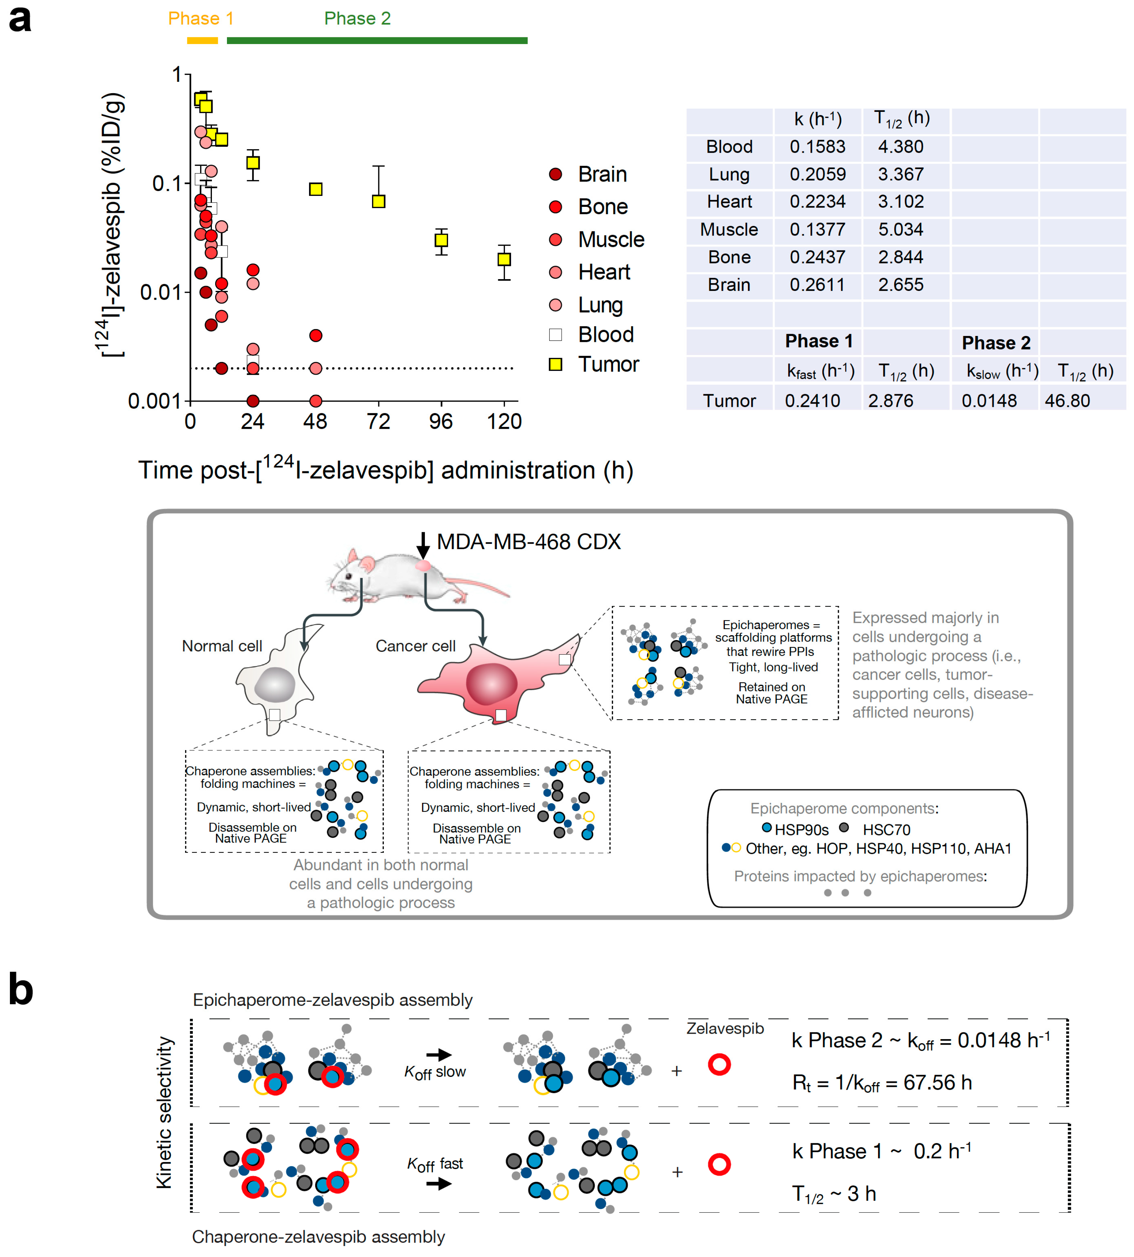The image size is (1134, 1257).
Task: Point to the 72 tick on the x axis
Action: point(378,422)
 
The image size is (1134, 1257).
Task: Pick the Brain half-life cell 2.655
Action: point(900,285)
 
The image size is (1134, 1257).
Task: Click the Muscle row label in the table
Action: point(729,229)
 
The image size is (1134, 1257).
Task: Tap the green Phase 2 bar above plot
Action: point(377,40)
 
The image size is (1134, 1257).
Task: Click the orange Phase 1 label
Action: point(201,18)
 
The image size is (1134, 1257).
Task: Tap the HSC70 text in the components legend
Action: point(886,829)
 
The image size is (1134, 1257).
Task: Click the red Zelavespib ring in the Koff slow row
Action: point(719,1064)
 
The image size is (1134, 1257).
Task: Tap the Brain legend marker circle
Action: point(555,174)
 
